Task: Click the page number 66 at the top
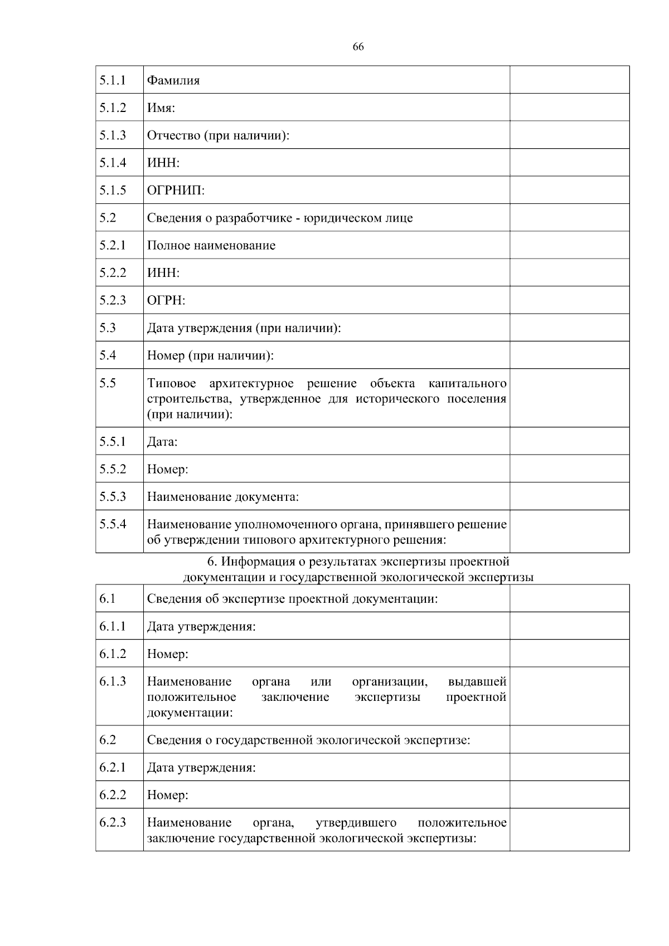(358, 47)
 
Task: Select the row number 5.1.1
(113, 80)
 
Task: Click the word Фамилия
(173, 80)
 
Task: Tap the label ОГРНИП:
(176, 191)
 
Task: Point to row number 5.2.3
(113, 300)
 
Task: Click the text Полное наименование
(211, 246)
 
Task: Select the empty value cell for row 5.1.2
(569, 107)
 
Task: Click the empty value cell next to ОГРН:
(569, 300)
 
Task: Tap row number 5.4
(108, 355)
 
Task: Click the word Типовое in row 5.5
(172, 383)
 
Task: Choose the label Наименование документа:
(223, 496)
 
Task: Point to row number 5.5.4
(113, 524)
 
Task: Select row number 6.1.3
(113, 681)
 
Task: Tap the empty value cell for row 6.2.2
(569, 794)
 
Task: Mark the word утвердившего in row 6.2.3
(356, 823)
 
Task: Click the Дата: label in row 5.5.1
(162, 442)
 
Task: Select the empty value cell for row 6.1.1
(569, 626)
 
